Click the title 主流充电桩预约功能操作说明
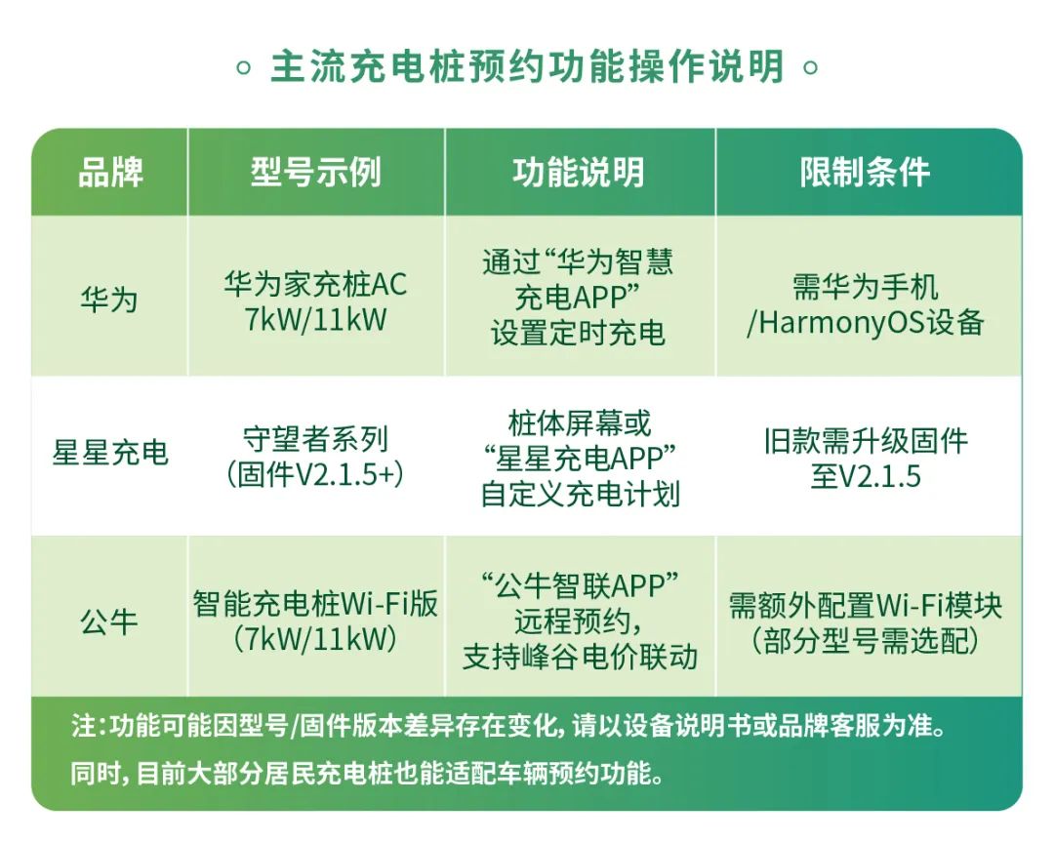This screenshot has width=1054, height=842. [x=527, y=66]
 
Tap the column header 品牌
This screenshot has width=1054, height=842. [x=110, y=172]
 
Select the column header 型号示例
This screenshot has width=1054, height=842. [x=316, y=172]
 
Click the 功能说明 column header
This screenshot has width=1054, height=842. [x=579, y=172]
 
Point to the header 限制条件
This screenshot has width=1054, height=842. [x=865, y=172]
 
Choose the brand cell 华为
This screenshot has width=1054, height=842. [x=109, y=299]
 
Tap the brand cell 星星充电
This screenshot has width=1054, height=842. [x=110, y=452]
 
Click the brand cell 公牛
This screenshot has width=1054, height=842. [x=109, y=621]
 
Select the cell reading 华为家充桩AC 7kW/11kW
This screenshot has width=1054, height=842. [x=316, y=301]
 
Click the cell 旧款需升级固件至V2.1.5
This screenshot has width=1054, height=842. [x=866, y=459]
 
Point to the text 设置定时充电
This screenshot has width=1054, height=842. [x=578, y=333]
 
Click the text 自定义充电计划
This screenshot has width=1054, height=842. [x=580, y=494]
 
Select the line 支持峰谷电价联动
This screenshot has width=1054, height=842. [x=580, y=657]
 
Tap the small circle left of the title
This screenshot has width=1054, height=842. [x=243, y=68]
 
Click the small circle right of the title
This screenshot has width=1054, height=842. [x=811, y=68]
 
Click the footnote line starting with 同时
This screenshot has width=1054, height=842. [x=367, y=774]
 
